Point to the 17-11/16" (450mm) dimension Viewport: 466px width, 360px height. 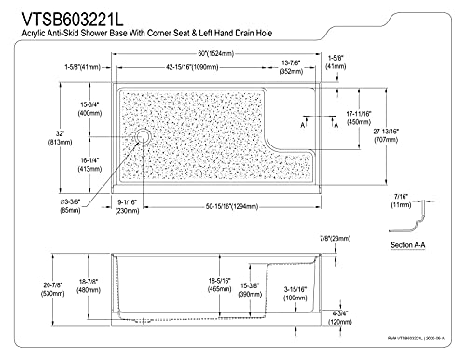[365, 120]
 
